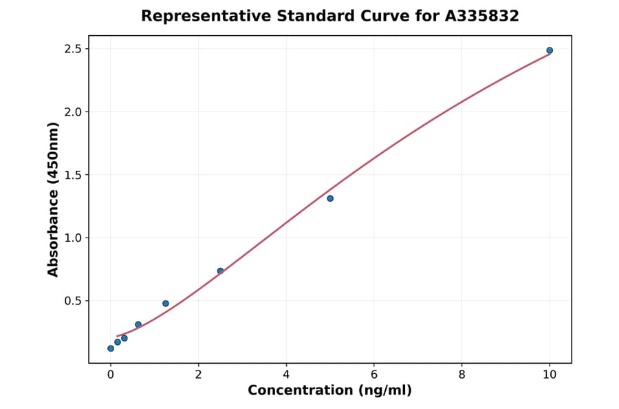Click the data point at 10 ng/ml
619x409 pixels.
click(x=550, y=50)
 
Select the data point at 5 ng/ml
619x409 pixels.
click(x=330, y=198)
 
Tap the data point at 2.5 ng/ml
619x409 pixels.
click(x=220, y=271)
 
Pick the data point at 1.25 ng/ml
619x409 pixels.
click(x=166, y=303)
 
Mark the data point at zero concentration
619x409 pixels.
click(x=111, y=348)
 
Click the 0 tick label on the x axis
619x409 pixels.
click(x=111, y=375)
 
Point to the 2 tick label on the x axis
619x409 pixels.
click(x=198, y=375)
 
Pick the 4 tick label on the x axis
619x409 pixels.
click(x=286, y=375)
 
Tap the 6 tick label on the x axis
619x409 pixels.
click(x=374, y=375)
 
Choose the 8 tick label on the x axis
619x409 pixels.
click(x=461, y=375)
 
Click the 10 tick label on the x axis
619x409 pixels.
click(x=550, y=375)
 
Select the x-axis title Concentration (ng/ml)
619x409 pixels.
click(x=329, y=391)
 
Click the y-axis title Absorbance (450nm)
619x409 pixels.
click(x=53, y=199)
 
